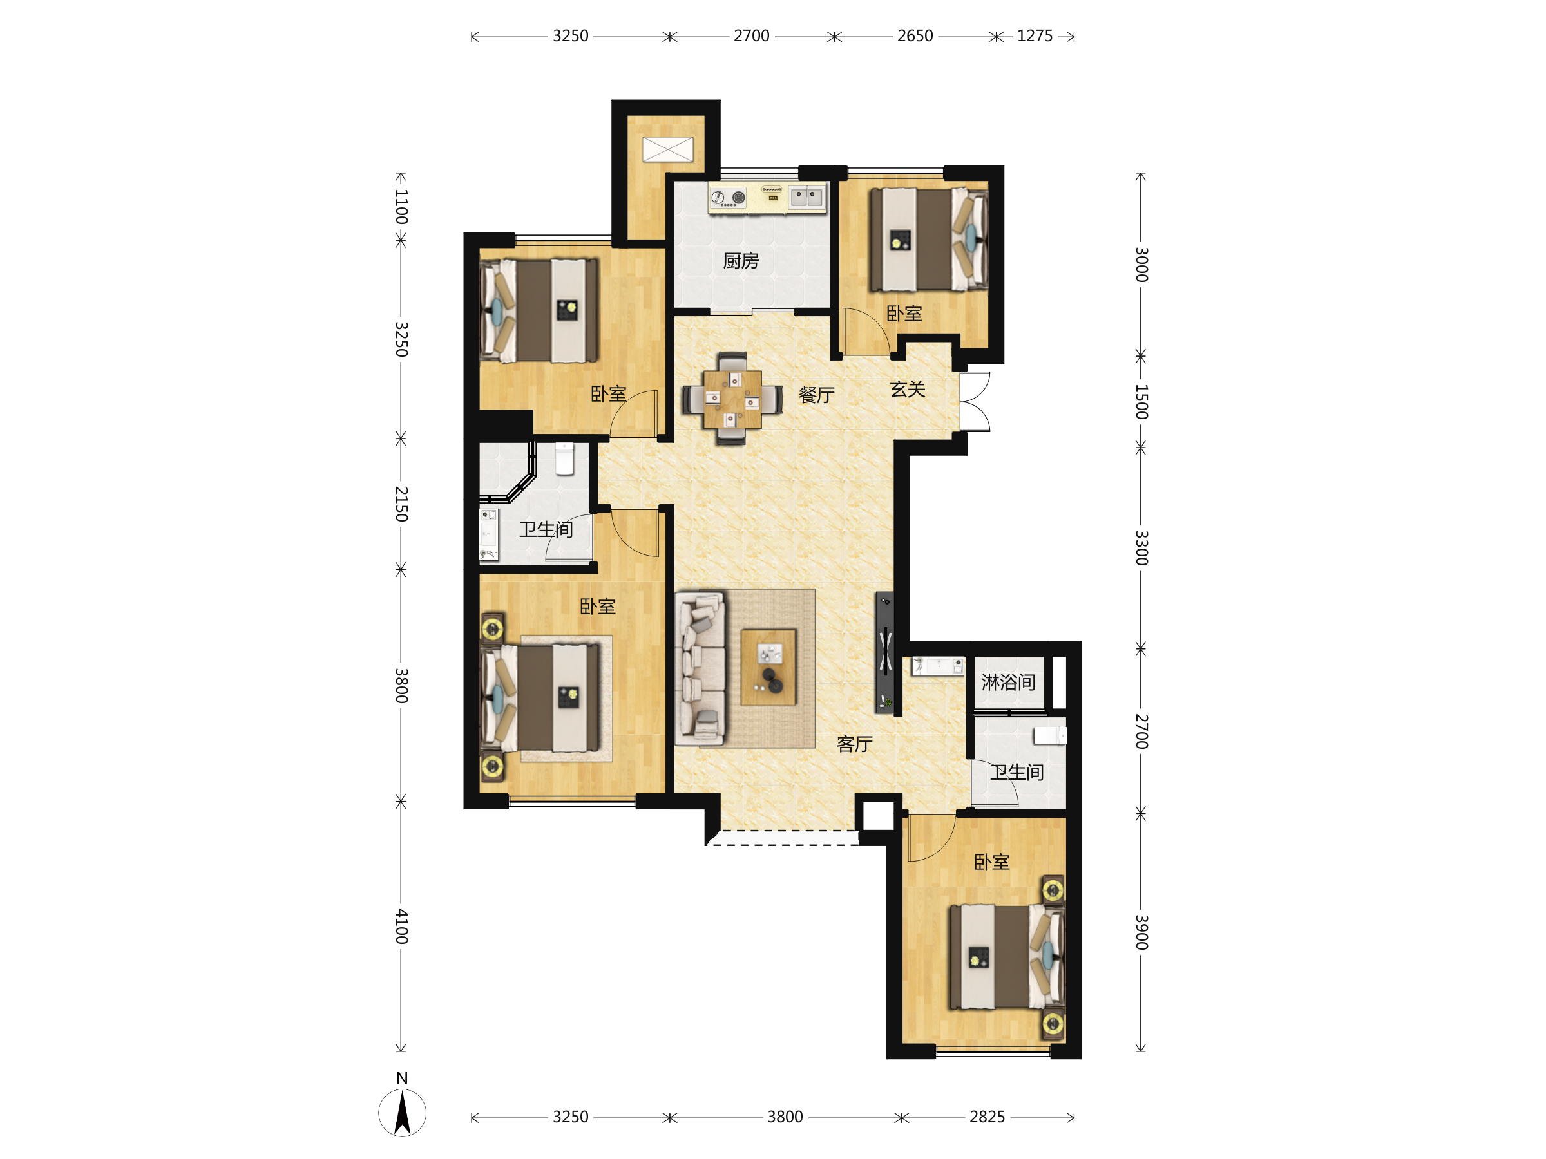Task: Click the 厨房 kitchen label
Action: pyautogui.click(x=741, y=261)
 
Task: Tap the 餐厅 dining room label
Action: pyautogui.click(x=816, y=395)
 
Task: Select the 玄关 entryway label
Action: pyautogui.click(x=908, y=389)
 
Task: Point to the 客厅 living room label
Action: pyautogui.click(x=855, y=744)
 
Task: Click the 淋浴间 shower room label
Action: pyautogui.click(x=1008, y=683)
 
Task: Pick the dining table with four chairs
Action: pyautogui.click(x=732, y=398)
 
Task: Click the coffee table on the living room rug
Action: pyautogui.click(x=768, y=667)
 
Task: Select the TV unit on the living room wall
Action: pyautogui.click(x=885, y=652)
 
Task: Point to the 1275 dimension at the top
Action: pyautogui.click(x=1035, y=36)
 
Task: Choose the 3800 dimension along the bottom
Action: pyautogui.click(x=785, y=1117)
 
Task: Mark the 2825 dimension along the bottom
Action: pyautogui.click(x=987, y=1117)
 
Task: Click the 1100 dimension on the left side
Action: pyautogui.click(x=401, y=207)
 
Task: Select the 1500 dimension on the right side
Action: pyautogui.click(x=1141, y=402)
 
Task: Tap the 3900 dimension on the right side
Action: pyautogui.click(x=1141, y=932)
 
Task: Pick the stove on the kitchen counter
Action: pyautogui.click(x=729, y=198)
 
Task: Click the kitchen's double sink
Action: pyautogui.click(x=806, y=197)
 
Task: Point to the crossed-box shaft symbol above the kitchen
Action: pyautogui.click(x=668, y=149)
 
